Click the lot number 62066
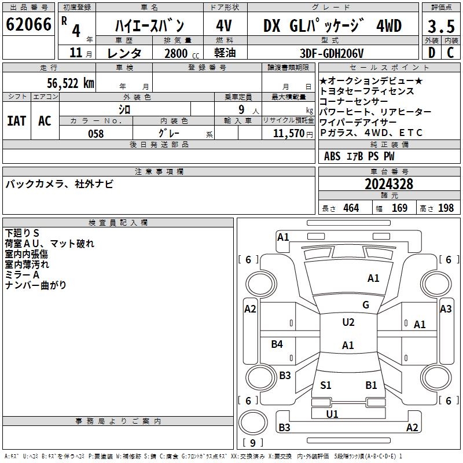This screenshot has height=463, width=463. pos(28,24)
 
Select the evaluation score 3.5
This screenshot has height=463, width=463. pos(440,26)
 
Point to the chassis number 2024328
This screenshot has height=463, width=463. pos(389,184)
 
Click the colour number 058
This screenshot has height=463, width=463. pos(95,133)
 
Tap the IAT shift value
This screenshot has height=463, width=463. pos(16,120)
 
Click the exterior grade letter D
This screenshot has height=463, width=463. pos(431,53)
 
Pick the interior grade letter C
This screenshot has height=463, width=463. pos(450,53)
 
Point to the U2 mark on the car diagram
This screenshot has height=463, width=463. pos(348,322)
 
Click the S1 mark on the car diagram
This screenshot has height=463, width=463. pos(326,385)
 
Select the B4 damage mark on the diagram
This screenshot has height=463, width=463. pos(277,344)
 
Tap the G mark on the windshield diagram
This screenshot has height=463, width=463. pos(366,304)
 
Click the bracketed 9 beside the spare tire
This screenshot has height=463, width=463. pos(252,443)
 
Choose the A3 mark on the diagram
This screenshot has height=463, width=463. pos(446,309)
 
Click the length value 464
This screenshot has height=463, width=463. pos(350,208)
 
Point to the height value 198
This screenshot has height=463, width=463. pos(446,208)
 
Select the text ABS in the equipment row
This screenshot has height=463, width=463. pos(332,156)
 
